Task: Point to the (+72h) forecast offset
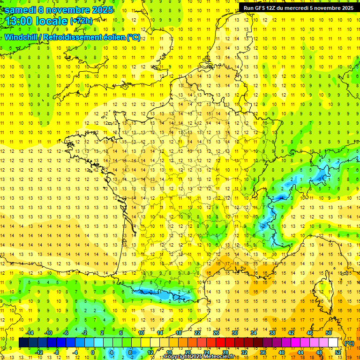(81, 21)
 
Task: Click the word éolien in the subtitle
(111, 37)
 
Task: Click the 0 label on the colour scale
(92, 352)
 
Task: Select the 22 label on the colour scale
(198, 333)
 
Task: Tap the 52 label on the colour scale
(338, 352)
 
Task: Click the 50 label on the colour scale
(329, 333)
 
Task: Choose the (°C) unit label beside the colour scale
(349, 343)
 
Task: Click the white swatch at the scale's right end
(333, 343)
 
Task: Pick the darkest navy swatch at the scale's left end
(23, 343)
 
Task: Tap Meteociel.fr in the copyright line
(222, 357)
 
